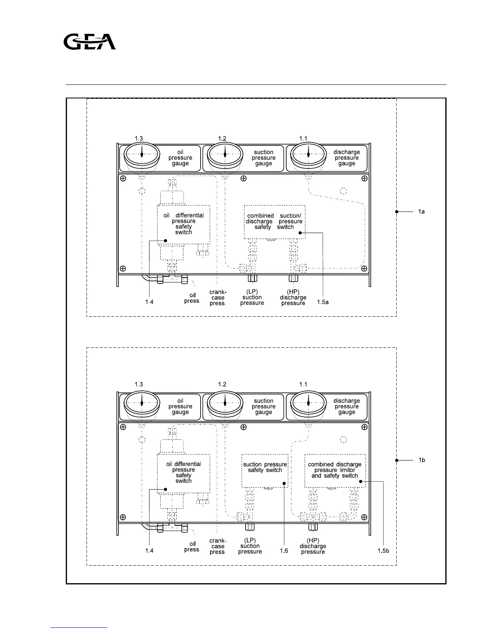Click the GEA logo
point(90,42)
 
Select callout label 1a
point(421,212)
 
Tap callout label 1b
point(421,460)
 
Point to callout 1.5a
point(323,302)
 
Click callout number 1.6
point(283,551)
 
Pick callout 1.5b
point(383,551)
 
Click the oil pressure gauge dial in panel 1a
point(142,155)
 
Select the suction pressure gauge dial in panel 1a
point(225,155)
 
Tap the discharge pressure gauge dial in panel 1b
point(308,404)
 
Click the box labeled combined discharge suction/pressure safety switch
point(274,222)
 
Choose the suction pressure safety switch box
point(265,470)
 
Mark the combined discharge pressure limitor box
point(335,470)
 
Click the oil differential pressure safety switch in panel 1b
point(183,473)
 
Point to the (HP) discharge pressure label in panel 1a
point(293,298)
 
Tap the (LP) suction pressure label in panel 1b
point(250,546)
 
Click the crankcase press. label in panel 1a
point(218,298)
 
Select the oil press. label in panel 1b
point(192,547)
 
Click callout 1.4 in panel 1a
point(149,302)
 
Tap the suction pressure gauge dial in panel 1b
point(225,404)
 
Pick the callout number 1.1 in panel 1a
point(303,138)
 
